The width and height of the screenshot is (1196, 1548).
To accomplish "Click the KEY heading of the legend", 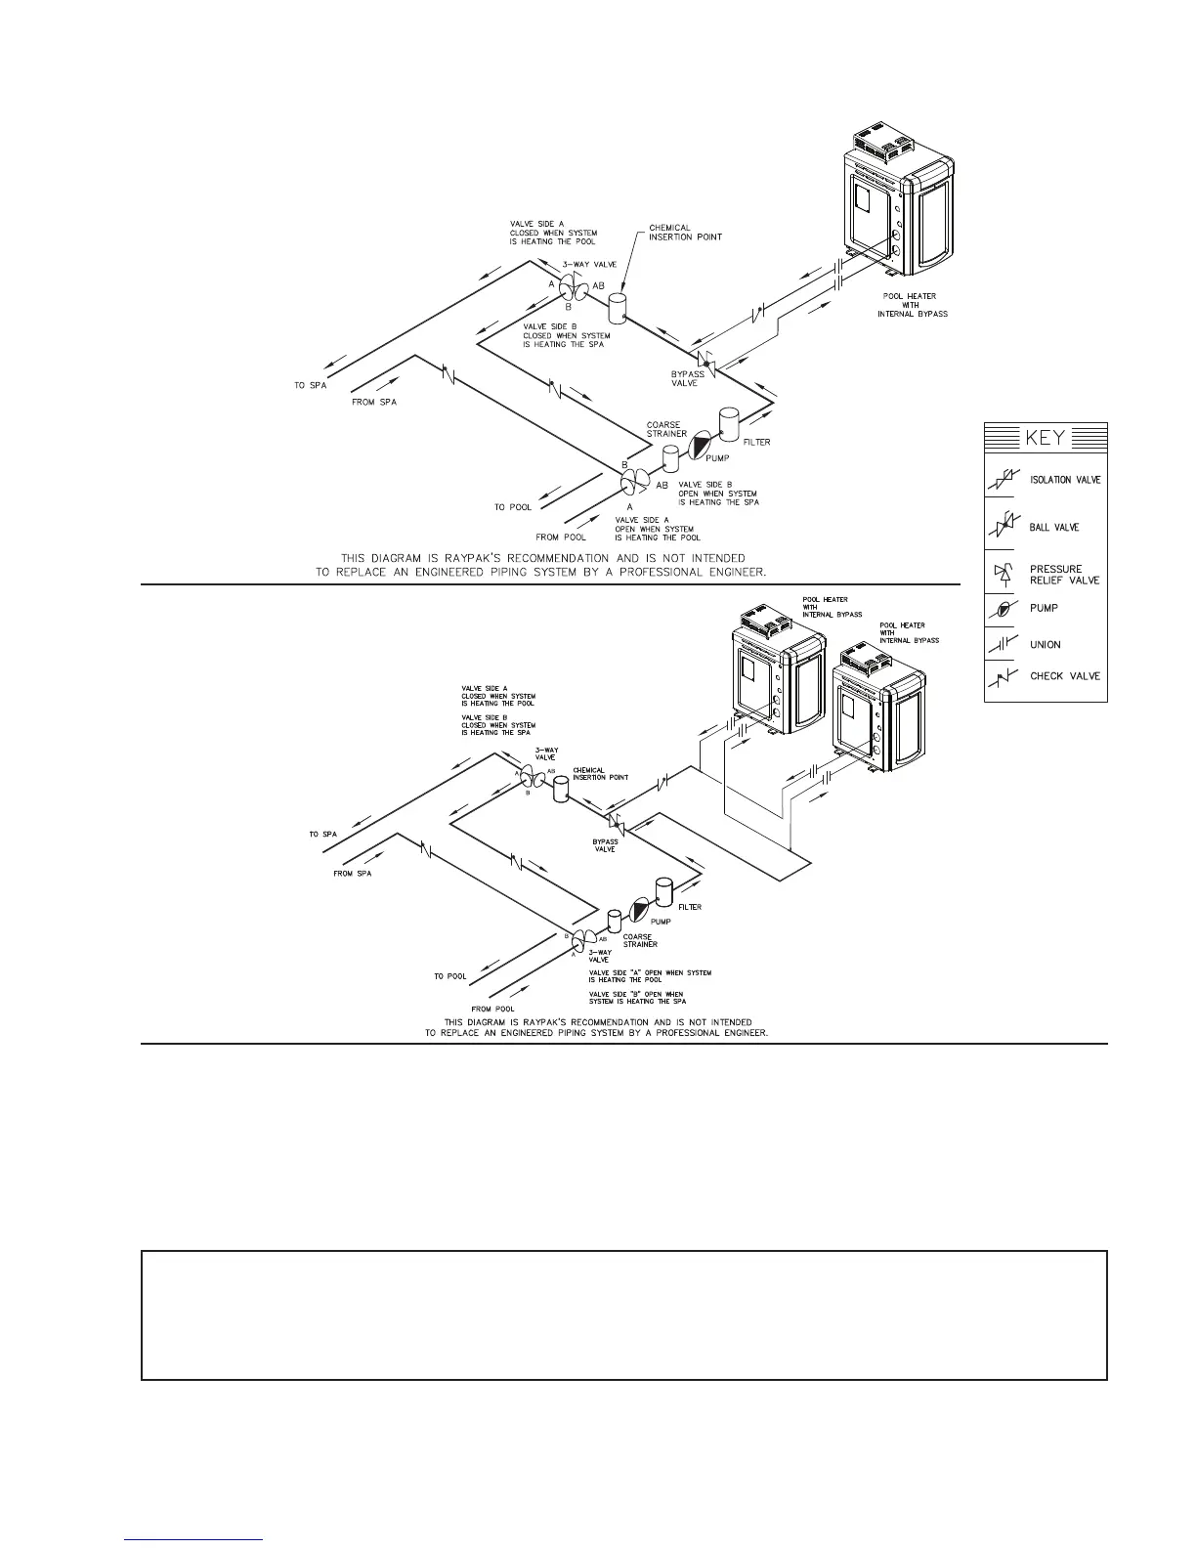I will tap(1045, 437).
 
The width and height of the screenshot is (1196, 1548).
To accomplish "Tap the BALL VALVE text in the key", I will tap(1054, 528).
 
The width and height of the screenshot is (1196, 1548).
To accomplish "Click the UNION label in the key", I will tap(1045, 645).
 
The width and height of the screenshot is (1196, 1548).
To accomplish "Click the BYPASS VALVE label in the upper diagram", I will tap(687, 379).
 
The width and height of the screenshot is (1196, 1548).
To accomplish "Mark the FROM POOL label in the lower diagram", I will tap(492, 1009).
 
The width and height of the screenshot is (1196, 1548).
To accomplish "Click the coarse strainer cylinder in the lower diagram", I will tap(615, 921).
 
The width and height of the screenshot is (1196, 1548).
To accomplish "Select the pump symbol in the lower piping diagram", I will tap(641, 909).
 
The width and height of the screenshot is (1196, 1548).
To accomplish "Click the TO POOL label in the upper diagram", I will tap(512, 507).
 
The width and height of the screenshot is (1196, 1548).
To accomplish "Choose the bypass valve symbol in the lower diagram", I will tap(617, 822).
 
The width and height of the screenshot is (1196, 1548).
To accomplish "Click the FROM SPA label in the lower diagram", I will tap(352, 873).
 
